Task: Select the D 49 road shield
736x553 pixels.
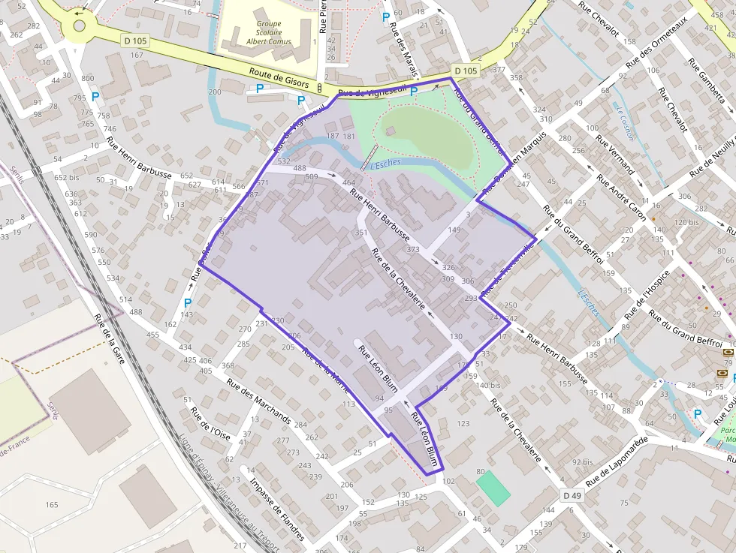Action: pos(572,496)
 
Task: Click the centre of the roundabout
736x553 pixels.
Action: pos(79,27)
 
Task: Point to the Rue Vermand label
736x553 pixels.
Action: pos(614,155)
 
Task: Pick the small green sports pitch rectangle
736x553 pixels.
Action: pos(493,487)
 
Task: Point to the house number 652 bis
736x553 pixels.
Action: pos(66,178)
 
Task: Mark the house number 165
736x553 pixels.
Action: pos(52,505)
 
